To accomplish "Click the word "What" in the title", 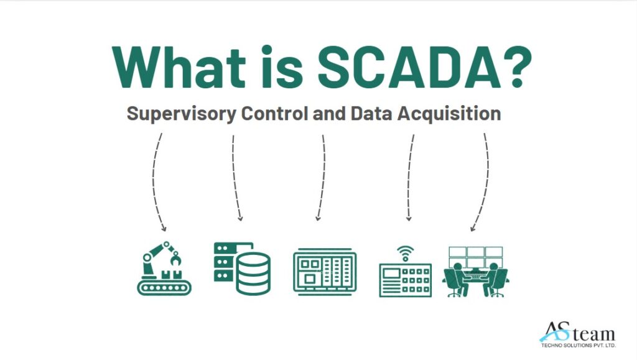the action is point(179,67).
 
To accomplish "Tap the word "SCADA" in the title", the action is point(408,67).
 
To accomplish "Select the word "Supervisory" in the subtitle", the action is point(181,114).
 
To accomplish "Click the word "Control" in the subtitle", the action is point(274,113).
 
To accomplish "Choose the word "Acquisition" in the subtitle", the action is point(449,114).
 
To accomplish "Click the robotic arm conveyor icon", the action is point(164,268).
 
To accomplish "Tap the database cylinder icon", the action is point(254,273).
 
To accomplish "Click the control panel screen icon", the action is point(325,272).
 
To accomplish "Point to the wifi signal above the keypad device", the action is point(405,254).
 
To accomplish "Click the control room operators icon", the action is point(475,272).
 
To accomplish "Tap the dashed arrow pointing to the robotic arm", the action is point(154,183).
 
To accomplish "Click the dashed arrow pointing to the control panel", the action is point(323,178).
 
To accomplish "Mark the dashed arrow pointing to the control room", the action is point(486,183).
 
